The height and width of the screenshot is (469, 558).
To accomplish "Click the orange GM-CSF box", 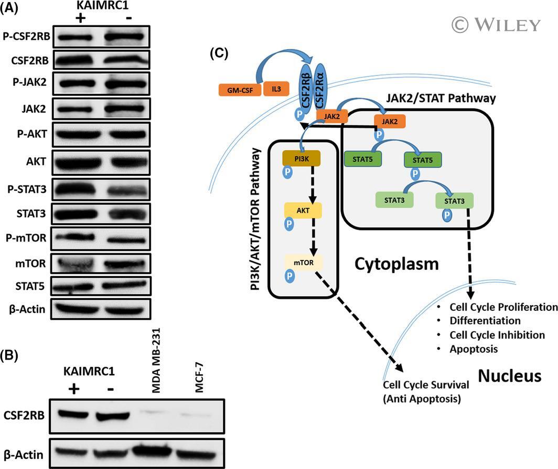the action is (x=240, y=90).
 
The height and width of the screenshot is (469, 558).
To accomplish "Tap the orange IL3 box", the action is (x=276, y=89).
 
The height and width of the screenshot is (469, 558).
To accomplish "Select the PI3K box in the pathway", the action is (x=302, y=159).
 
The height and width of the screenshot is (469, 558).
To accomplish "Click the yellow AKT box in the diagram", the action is (x=303, y=211).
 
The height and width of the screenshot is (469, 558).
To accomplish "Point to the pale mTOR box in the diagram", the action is (x=304, y=263).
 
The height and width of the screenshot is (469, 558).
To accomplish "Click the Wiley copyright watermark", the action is (x=496, y=25).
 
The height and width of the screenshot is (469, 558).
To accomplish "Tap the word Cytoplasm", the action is (x=396, y=264).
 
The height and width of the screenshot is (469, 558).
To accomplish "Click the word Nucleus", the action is (x=509, y=376).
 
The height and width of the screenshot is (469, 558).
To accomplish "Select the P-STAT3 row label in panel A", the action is (x=27, y=189).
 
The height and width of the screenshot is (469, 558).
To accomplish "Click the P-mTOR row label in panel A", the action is (x=26, y=237).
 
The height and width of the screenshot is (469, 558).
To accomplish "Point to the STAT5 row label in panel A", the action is (x=30, y=286).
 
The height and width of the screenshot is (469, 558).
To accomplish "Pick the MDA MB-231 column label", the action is (x=156, y=360).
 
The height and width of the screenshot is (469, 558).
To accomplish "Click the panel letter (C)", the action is (x=219, y=53).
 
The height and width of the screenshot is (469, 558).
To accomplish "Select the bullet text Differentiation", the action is (x=485, y=321).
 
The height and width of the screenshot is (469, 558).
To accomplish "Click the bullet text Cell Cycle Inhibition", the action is (x=497, y=335).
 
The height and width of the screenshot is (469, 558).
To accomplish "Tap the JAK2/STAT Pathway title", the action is (x=441, y=98).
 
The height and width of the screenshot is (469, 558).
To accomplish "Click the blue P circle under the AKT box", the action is (x=289, y=224).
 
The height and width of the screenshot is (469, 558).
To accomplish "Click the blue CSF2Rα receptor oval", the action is (x=320, y=86).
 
